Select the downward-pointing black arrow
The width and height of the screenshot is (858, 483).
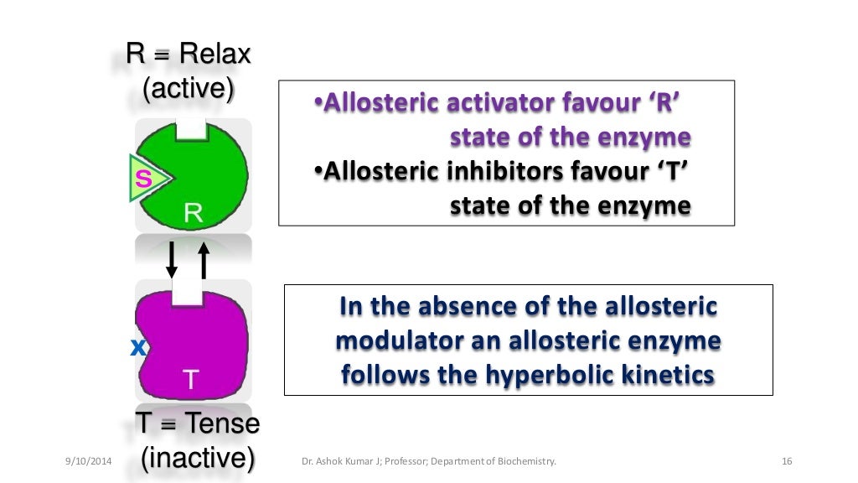172,260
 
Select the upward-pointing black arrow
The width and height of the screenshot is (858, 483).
203,260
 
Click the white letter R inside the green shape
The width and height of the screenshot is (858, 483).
193,213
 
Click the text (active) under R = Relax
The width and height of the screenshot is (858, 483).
188,87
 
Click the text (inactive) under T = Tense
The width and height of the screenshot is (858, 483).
198,459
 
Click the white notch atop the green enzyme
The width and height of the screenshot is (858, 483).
191,128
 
